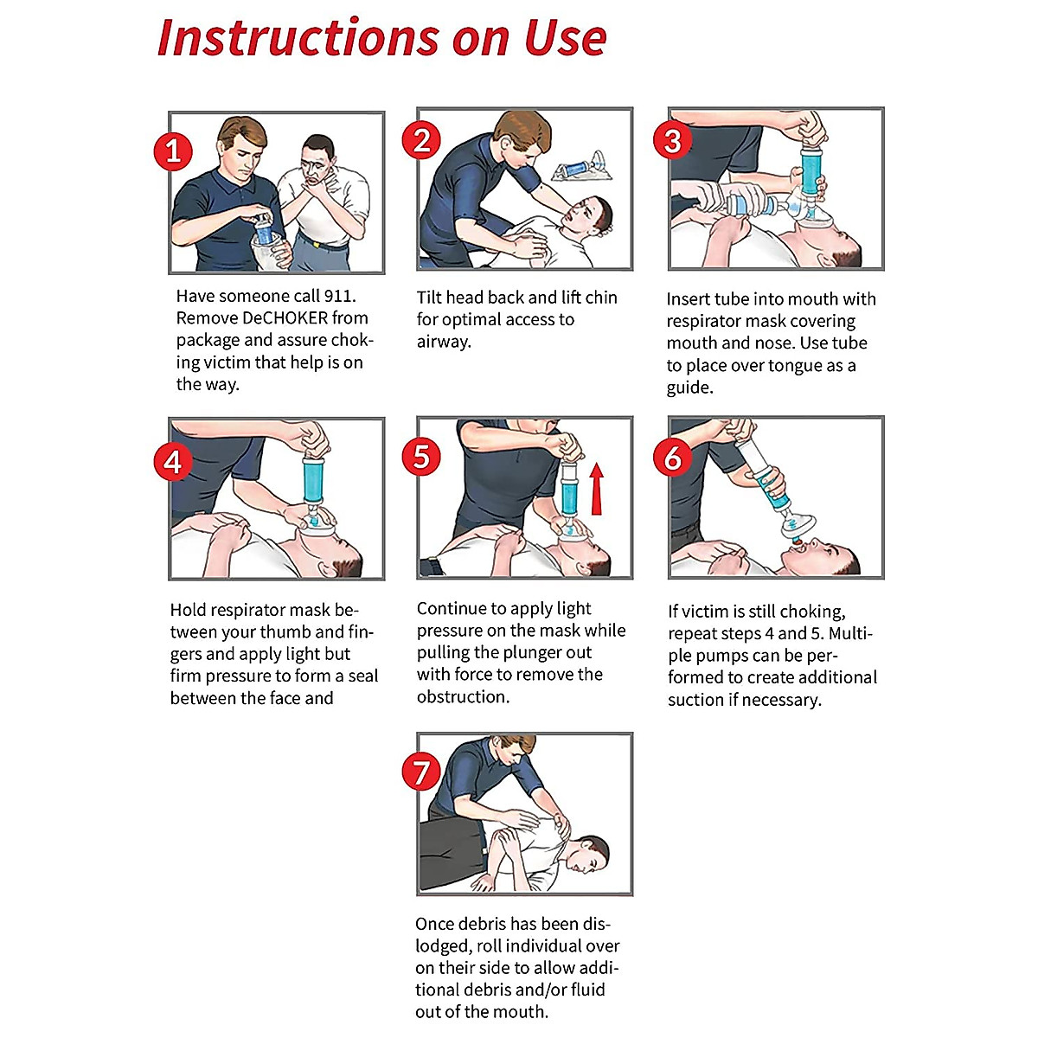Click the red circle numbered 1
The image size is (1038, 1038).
[173, 151]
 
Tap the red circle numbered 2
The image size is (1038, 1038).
[421, 140]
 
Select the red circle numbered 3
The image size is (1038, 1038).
[672, 140]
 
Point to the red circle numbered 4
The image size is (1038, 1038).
[173, 461]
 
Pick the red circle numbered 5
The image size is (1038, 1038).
[421, 457]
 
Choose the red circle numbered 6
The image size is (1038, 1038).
[672, 458]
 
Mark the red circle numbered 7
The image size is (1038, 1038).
[421, 772]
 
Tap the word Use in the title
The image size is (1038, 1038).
[565, 39]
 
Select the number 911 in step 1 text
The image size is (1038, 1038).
[338, 296]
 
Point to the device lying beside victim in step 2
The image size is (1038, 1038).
[579, 168]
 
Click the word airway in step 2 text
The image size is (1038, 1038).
[442, 342]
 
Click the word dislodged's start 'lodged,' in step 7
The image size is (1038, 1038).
[442, 946]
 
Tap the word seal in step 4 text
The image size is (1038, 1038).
[362, 676]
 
